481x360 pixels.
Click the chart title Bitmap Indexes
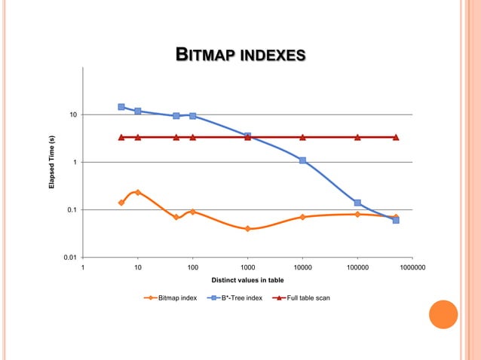pos(240,54)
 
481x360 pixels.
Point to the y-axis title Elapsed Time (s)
pos(52,162)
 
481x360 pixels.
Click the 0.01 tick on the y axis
pos(70,258)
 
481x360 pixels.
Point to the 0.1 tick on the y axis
pos(72,209)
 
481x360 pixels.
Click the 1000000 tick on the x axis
pos(412,267)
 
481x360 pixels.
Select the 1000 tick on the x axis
pos(247,267)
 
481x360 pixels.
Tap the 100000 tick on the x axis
pos(357,267)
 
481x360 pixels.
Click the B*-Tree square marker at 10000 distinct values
pos(302,160)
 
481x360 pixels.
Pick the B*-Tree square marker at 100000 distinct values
pos(357,203)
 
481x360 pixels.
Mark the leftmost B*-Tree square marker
pos(121,107)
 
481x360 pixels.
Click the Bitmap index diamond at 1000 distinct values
pos(247,228)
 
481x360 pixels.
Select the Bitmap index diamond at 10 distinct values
pos(138,193)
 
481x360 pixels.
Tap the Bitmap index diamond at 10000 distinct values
pos(302,217)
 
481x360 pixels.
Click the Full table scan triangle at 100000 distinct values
pos(357,137)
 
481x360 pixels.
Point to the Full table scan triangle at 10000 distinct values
pos(302,137)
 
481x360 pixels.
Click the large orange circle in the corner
pos(443,315)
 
